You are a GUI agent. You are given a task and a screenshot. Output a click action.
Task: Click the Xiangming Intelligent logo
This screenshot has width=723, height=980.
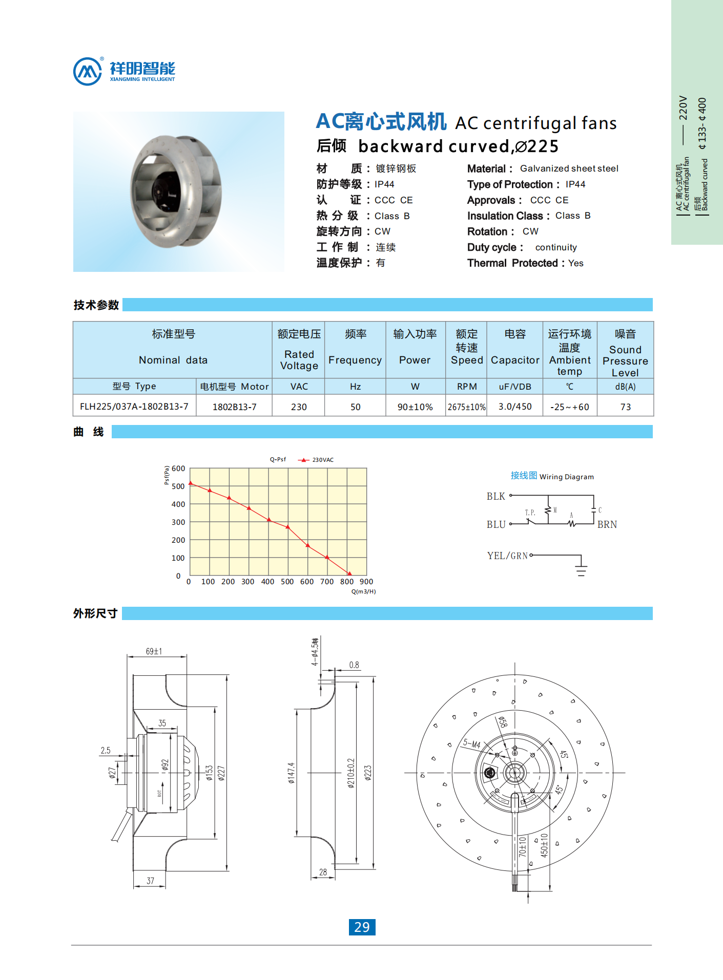(x=125, y=71)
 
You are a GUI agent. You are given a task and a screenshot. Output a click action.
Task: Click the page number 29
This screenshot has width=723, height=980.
(x=362, y=927)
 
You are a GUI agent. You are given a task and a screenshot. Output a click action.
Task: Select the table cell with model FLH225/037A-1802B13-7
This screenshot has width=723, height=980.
(x=134, y=407)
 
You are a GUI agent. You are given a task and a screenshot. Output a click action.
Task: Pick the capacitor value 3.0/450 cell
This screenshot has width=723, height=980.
(x=515, y=407)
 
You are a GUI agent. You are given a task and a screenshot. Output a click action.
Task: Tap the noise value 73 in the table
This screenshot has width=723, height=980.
(x=625, y=407)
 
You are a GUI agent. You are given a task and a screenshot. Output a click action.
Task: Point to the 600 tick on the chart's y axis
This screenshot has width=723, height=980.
(x=178, y=468)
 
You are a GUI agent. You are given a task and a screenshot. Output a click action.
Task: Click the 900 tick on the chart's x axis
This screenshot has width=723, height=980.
(x=366, y=582)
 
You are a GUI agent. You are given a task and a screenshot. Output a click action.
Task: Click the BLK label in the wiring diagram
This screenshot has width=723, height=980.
(x=495, y=496)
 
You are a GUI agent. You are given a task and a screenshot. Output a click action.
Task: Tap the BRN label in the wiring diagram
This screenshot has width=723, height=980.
(x=607, y=524)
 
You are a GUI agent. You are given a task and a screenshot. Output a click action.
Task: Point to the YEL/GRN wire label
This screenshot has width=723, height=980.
(x=507, y=556)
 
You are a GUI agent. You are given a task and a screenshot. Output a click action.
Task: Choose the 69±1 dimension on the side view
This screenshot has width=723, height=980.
(x=154, y=651)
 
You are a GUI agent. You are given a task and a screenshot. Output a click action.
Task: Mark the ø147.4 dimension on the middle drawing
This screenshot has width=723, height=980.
(x=291, y=773)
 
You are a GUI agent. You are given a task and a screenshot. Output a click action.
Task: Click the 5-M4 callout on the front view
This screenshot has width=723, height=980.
(x=471, y=743)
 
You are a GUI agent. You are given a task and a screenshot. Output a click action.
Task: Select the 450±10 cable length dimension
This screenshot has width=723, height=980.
(x=544, y=845)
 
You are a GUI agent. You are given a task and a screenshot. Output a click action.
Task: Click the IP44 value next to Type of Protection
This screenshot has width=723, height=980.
(x=575, y=184)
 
